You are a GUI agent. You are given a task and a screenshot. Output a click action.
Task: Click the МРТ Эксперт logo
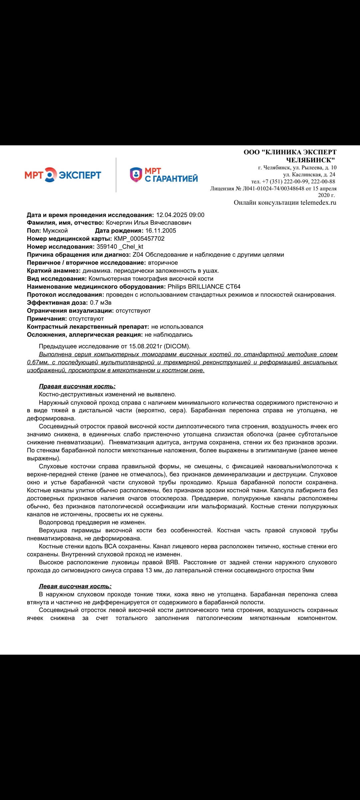click(x=63, y=175)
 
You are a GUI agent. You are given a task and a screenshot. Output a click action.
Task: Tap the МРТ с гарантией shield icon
click(x=136, y=175)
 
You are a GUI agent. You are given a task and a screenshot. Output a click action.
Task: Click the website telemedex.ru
click(x=318, y=202)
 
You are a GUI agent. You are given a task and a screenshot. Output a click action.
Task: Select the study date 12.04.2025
click(x=171, y=215)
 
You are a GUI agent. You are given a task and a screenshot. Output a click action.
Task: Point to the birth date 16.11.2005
click(x=161, y=231)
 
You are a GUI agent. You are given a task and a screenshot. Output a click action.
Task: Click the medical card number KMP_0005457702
click(x=139, y=239)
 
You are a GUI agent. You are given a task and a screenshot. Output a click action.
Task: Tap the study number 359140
click(x=107, y=247)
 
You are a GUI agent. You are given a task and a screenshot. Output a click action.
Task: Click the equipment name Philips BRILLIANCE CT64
click(x=204, y=287)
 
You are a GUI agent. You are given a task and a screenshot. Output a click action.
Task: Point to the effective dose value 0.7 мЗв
click(x=101, y=303)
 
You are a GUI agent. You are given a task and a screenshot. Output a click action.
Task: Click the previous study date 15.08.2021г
click(x=145, y=346)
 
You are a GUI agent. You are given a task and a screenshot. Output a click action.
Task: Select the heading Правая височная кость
click(x=77, y=386)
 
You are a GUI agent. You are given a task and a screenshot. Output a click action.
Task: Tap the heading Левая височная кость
click(x=75, y=586)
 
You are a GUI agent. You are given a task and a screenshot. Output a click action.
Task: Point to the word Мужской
click(x=55, y=231)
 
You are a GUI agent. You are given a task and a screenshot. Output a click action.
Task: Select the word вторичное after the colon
click(x=163, y=263)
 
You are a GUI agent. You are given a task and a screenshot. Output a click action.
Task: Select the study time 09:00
click(x=197, y=215)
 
